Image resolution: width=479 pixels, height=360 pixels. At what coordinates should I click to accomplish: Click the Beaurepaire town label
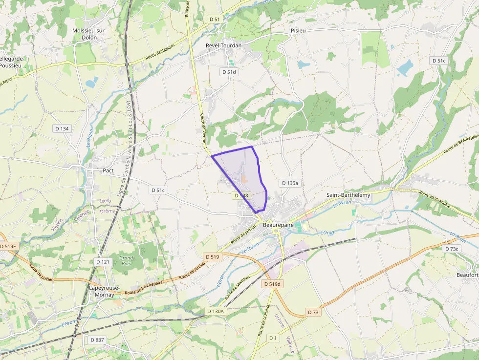tap(281, 225)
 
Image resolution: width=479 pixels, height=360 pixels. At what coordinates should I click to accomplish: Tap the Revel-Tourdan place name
tap(224, 45)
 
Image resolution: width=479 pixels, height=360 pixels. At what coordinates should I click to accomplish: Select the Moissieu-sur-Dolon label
tap(89, 34)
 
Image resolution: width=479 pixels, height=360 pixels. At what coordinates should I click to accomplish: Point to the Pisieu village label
tap(298, 30)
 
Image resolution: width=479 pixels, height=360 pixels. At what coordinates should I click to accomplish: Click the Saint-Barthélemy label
tap(348, 195)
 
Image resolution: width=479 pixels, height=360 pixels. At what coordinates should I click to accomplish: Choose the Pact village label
tap(108, 170)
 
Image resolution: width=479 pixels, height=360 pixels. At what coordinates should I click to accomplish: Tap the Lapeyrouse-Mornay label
tap(102, 291)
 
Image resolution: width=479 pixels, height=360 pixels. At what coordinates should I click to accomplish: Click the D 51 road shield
tap(215, 19)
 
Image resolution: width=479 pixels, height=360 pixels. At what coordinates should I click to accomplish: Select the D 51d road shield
tap(229, 72)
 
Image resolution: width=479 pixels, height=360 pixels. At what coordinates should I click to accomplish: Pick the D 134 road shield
tap(62, 128)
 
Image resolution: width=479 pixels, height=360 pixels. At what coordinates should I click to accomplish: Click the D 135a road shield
tap(289, 183)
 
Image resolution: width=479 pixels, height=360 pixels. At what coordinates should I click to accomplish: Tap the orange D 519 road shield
tap(213, 256)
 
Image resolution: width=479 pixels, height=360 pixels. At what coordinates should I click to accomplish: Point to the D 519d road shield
tap(272, 284)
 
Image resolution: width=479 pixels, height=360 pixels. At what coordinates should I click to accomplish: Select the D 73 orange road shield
tap(313, 312)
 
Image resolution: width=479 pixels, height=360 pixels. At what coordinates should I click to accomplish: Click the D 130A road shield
tap(215, 311)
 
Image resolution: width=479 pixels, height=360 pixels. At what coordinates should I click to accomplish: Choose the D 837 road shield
tap(98, 339)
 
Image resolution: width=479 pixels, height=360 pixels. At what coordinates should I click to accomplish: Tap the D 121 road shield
tap(103, 262)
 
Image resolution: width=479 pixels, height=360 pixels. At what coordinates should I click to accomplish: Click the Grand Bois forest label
tap(126, 260)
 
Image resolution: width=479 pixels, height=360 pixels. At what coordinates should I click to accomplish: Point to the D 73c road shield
tap(452, 249)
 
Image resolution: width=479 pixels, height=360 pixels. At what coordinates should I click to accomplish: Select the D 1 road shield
tap(273, 338)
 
